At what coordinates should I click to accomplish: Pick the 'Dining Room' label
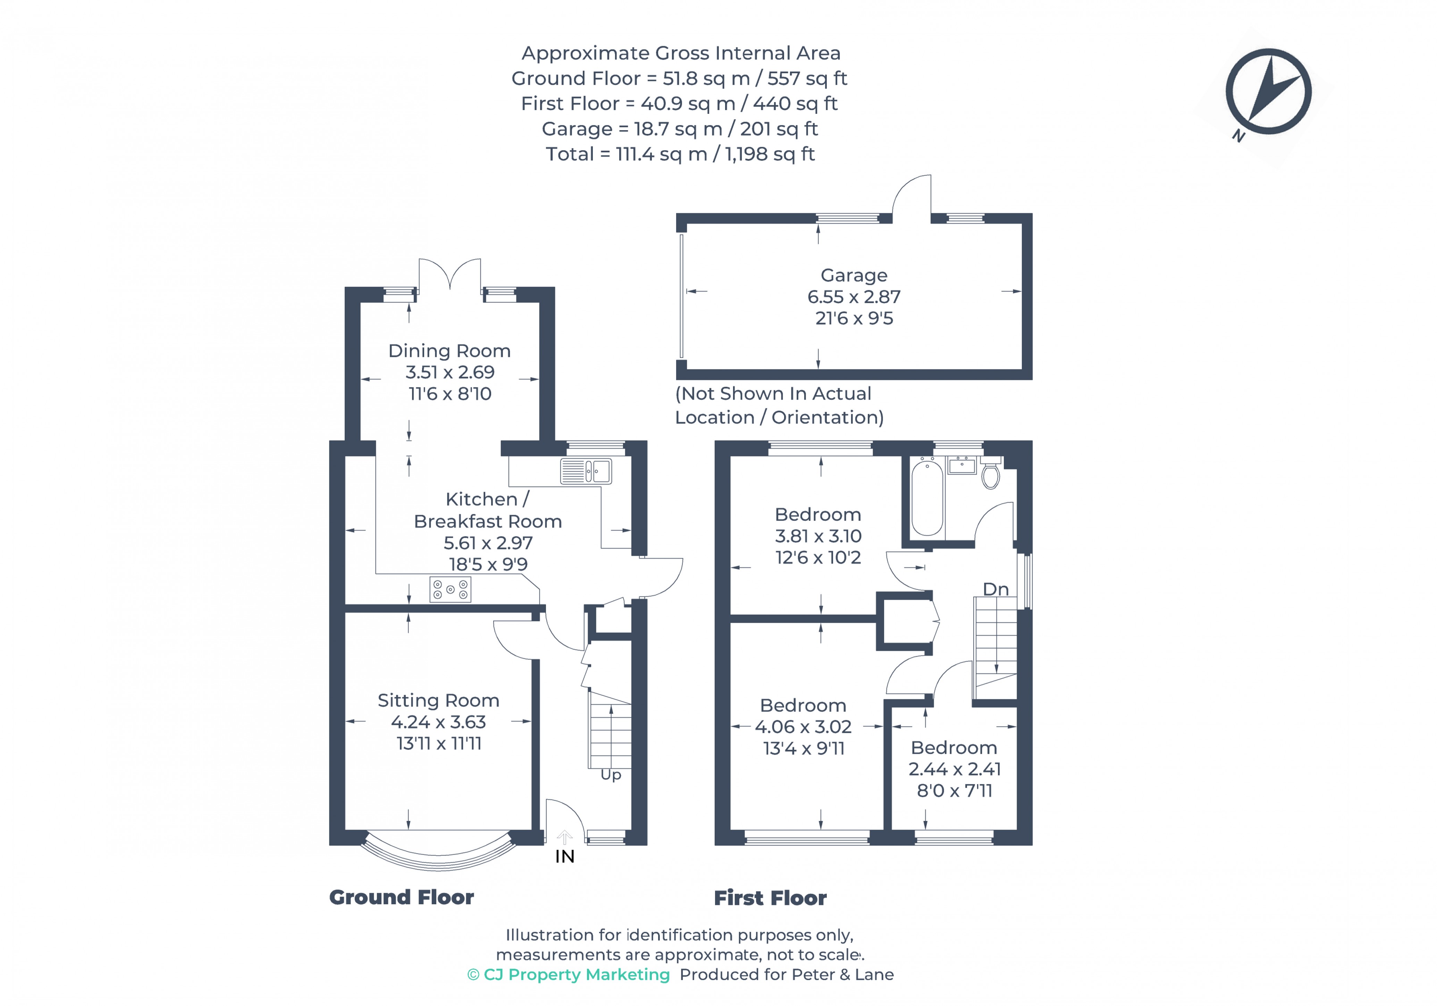coord(449,351)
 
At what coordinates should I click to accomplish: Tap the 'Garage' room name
coord(854,275)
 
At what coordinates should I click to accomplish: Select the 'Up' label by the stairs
coord(611,775)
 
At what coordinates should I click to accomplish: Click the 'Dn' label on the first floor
coord(995,589)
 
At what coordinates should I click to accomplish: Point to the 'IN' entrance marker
coord(564,856)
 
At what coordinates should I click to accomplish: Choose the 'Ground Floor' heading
coord(401,897)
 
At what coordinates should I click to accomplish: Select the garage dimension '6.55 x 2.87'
coord(854,297)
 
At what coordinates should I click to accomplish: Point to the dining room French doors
coord(449,275)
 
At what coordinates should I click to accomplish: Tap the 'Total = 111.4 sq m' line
coord(680,154)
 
